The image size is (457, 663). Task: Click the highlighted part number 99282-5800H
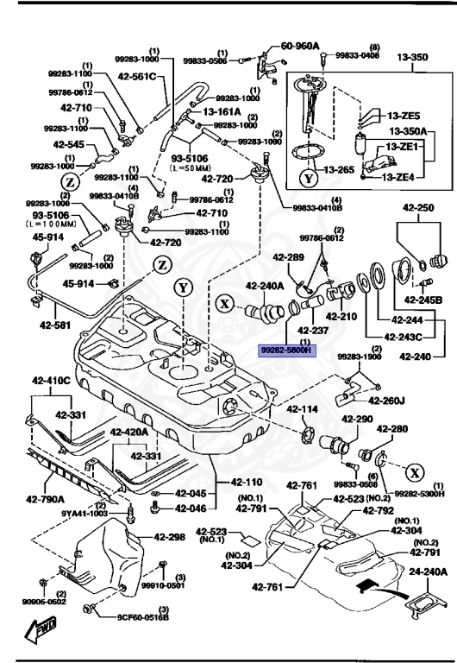coord(289,351)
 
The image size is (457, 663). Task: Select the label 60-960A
coord(300,45)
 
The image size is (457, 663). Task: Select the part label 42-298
coord(171,537)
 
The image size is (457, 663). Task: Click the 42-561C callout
coord(139,76)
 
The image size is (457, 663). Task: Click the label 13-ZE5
coord(403,115)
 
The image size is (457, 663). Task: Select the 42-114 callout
coord(303,408)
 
